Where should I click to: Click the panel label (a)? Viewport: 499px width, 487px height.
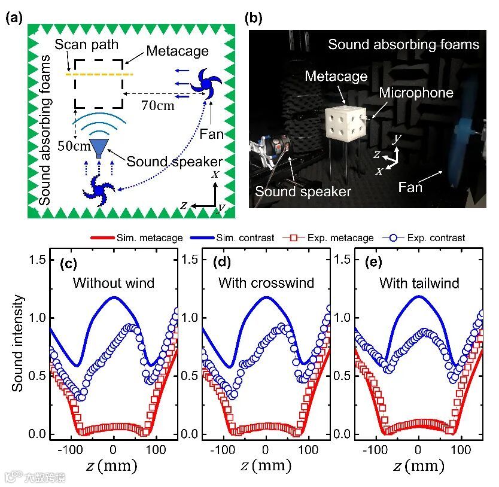(x=14, y=17)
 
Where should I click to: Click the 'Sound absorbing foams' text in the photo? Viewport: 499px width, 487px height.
(x=404, y=44)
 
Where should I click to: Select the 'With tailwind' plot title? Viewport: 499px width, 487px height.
(x=418, y=283)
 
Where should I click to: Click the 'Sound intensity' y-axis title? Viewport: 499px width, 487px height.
(x=19, y=343)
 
